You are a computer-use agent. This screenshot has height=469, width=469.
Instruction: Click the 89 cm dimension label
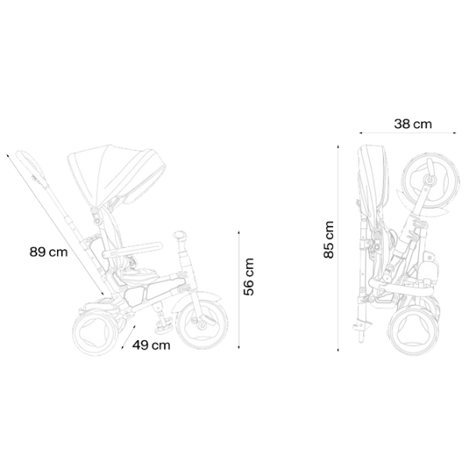tap(48, 252)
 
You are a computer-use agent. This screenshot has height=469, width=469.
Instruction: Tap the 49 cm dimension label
tap(152, 345)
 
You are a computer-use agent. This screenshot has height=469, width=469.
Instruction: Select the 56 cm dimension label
tap(249, 277)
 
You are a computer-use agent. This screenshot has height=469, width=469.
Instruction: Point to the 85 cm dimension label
tap(328, 240)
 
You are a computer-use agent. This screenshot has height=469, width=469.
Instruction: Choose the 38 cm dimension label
tap(413, 124)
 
